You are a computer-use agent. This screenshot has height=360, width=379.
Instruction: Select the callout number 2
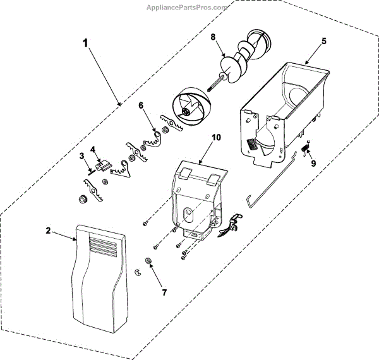(49, 231)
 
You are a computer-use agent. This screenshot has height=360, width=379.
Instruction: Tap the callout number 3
(81, 155)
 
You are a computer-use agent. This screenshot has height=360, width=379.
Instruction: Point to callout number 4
(92, 150)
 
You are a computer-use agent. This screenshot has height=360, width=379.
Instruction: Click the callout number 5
(323, 42)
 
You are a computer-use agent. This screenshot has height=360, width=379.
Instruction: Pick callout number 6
(141, 105)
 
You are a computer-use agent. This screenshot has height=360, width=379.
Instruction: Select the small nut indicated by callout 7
(148, 261)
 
